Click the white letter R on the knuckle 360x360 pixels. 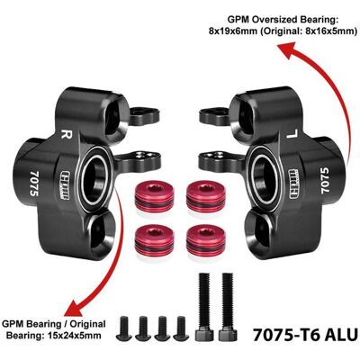[66, 134]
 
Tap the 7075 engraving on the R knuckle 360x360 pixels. [35, 184]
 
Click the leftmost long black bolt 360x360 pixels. [204, 307]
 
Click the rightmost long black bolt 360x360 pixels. [228, 307]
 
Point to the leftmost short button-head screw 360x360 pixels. [124, 328]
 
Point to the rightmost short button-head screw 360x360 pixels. [181, 328]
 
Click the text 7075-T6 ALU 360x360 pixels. [305, 335]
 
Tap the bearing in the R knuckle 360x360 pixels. [94, 176]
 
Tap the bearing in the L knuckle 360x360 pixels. [265, 176]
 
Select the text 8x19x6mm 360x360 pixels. [232, 31]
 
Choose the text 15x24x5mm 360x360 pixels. [75, 335]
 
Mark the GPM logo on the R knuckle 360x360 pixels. [65, 185]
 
